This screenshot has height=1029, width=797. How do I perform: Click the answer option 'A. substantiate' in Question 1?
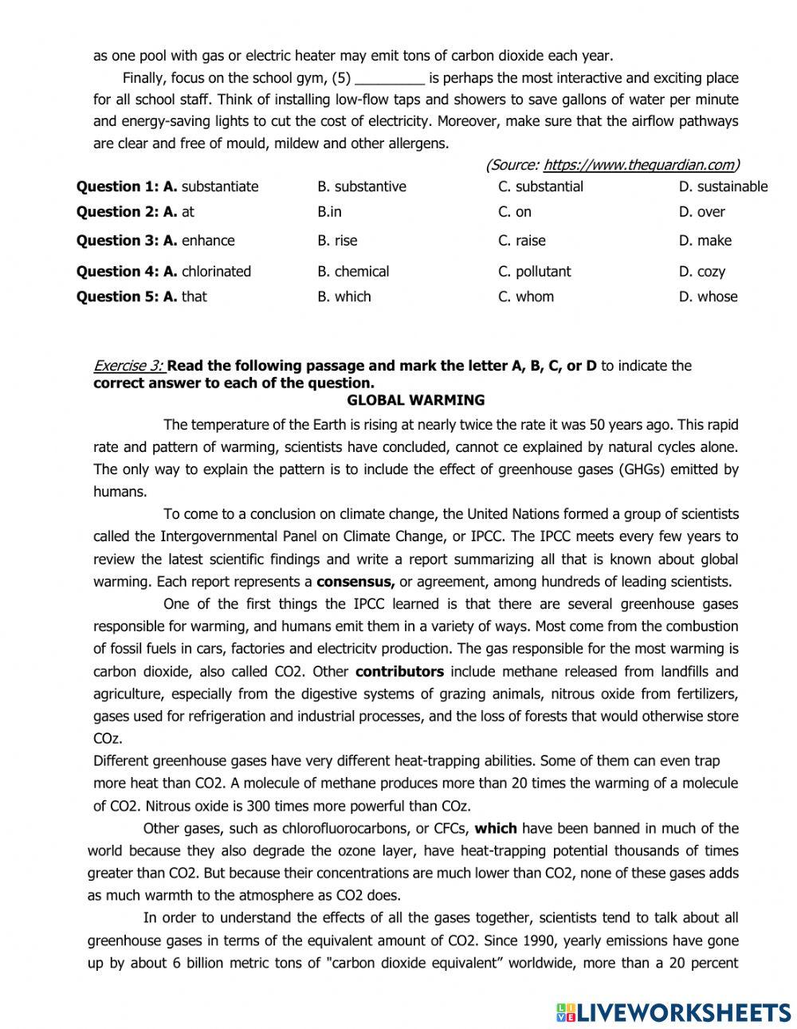[211, 187]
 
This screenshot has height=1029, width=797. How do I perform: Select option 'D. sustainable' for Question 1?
[723, 187]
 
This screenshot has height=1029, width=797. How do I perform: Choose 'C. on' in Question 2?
[514, 212]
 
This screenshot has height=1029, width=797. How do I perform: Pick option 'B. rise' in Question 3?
[337, 241]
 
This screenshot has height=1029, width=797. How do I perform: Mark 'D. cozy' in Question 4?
[701, 272]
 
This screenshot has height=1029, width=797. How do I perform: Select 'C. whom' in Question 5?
[525, 297]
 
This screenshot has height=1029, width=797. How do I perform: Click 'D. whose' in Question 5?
[708, 297]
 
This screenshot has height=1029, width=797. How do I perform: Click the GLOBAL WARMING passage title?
[415, 400]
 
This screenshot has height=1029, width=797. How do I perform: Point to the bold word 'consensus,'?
[355, 581]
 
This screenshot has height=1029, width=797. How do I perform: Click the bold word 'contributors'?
[399, 671]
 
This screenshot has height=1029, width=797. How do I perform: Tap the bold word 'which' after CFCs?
[496, 828]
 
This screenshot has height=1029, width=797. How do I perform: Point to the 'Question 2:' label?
[118, 212]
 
